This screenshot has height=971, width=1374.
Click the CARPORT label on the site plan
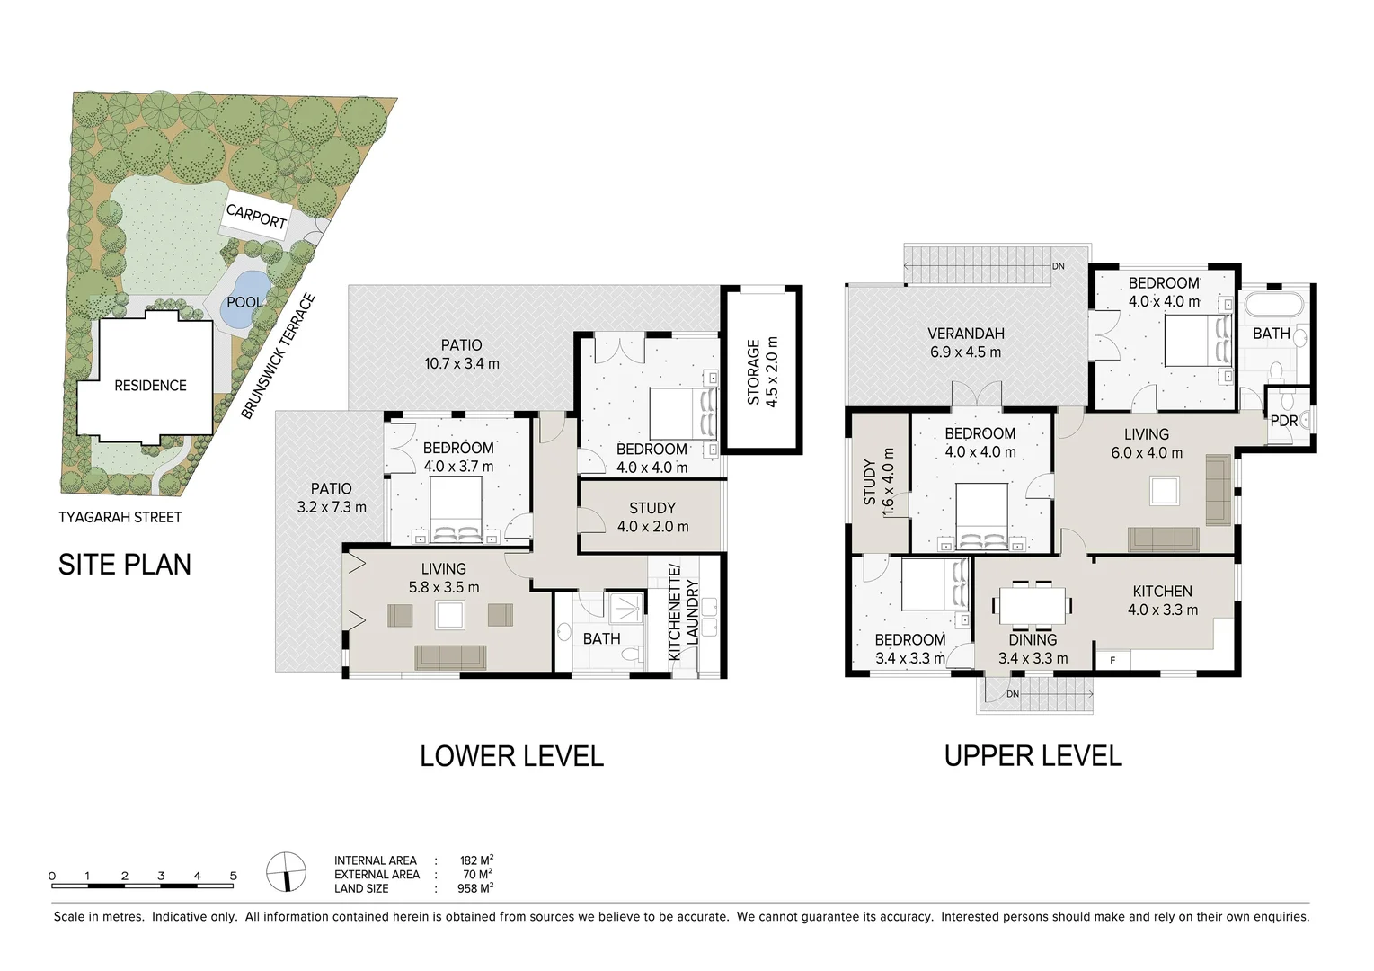click(x=256, y=216)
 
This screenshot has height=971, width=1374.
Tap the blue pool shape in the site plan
click(x=244, y=298)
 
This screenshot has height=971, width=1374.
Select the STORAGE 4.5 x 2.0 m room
click(x=762, y=370)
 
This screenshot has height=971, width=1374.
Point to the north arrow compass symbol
click(x=286, y=871)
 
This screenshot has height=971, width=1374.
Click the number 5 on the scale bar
click(x=233, y=876)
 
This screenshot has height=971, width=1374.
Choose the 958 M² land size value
click(x=475, y=887)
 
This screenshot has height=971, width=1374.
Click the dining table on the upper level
click(x=1033, y=606)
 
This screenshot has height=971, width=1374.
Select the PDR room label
click(x=1284, y=421)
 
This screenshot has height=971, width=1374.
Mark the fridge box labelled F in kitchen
click(x=1112, y=661)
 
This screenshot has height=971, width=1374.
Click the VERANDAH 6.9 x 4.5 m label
click(x=965, y=343)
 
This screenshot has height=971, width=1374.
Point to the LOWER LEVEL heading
click(x=511, y=756)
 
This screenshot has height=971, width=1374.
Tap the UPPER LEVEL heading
click(x=1033, y=756)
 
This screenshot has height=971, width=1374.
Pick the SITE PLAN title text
click(x=125, y=565)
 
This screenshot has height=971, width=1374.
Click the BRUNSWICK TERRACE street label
click(x=278, y=357)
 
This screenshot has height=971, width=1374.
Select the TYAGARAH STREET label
click(x=120, y=517)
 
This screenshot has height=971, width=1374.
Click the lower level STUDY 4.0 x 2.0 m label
click(x=652, y=517)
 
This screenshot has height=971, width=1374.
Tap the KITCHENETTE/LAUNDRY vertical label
click(x=683, y=614)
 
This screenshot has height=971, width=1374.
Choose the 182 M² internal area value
click(x=476, y=860)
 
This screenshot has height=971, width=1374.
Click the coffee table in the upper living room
click(x=1164, y=491)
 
